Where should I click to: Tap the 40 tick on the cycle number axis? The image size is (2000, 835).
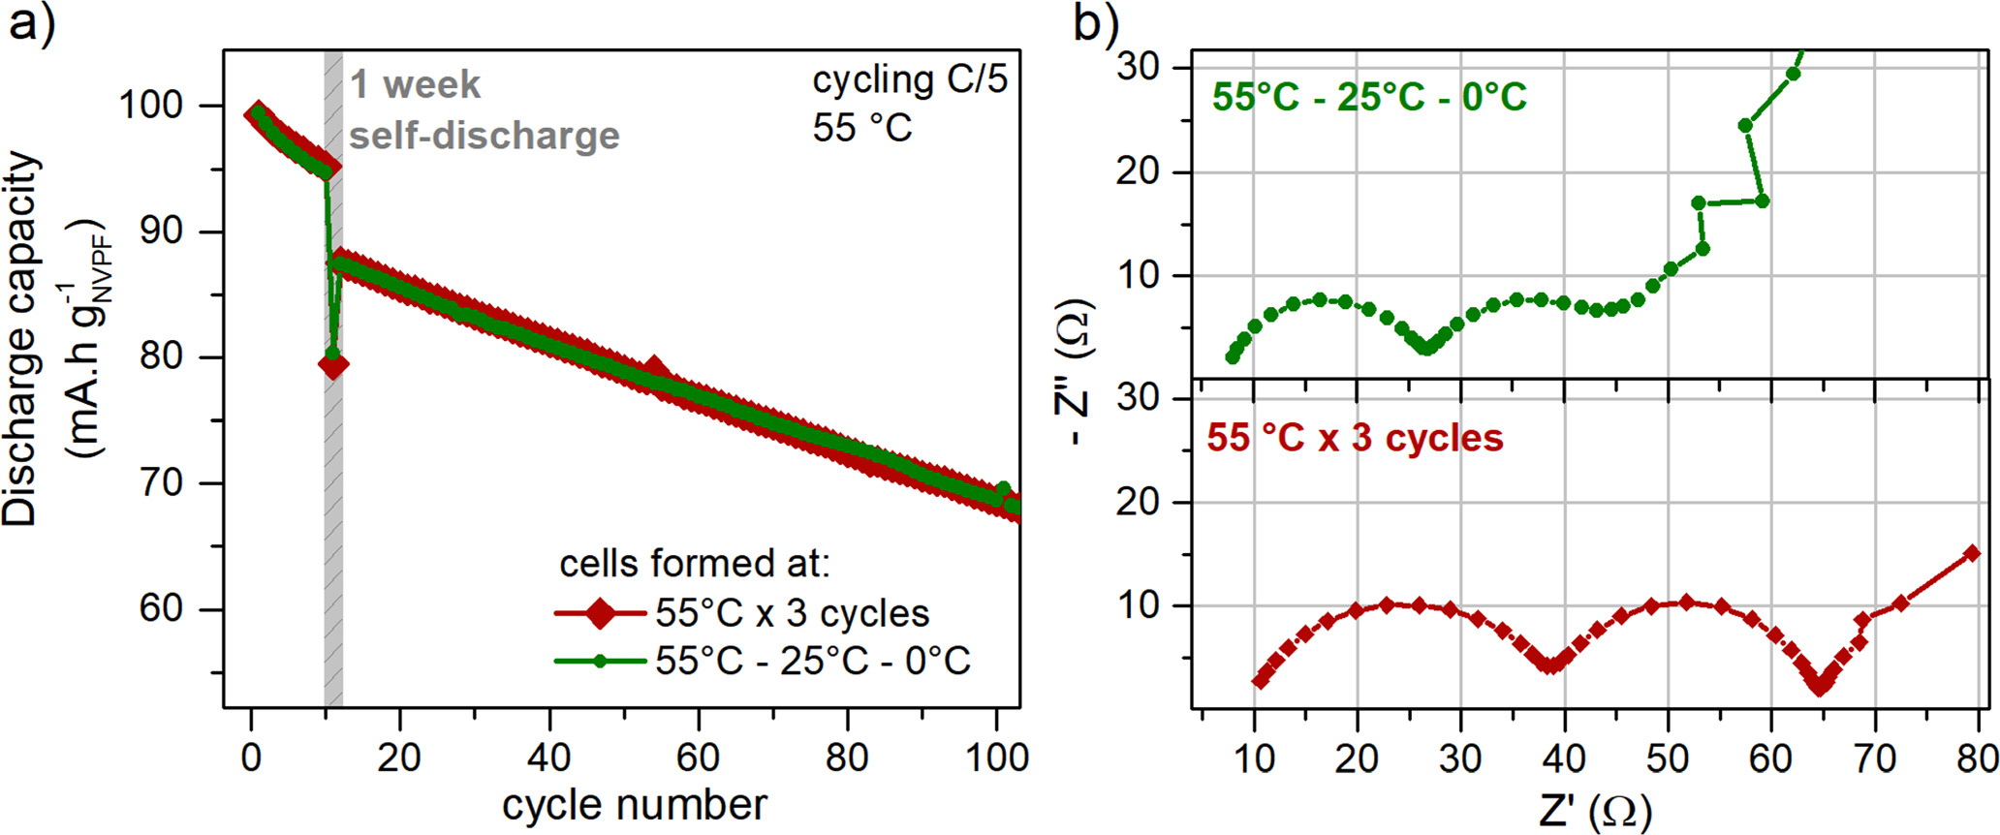(x=548, y=758)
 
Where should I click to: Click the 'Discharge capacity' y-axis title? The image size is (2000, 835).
(x=21, y=339)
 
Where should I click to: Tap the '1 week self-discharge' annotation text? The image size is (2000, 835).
(x=483, y=109)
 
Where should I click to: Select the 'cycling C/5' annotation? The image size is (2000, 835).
(x=910, y=80)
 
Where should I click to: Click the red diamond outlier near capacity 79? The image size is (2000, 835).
(x=333, y=366)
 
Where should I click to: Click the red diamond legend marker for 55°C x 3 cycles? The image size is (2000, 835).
(x=600, y=613)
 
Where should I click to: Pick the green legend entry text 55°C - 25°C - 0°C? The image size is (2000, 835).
(x=812, y=661)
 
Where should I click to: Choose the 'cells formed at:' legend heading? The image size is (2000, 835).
(x=695, y=563)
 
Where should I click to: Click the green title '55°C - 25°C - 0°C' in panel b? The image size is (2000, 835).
(x=1369, y=97)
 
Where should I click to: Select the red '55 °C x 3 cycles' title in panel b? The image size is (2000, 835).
(x=1355, y=438)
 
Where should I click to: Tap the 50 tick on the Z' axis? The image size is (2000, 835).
(x=1668, y=758)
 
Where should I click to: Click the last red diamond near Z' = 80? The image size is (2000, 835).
(x=1971, y=553)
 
